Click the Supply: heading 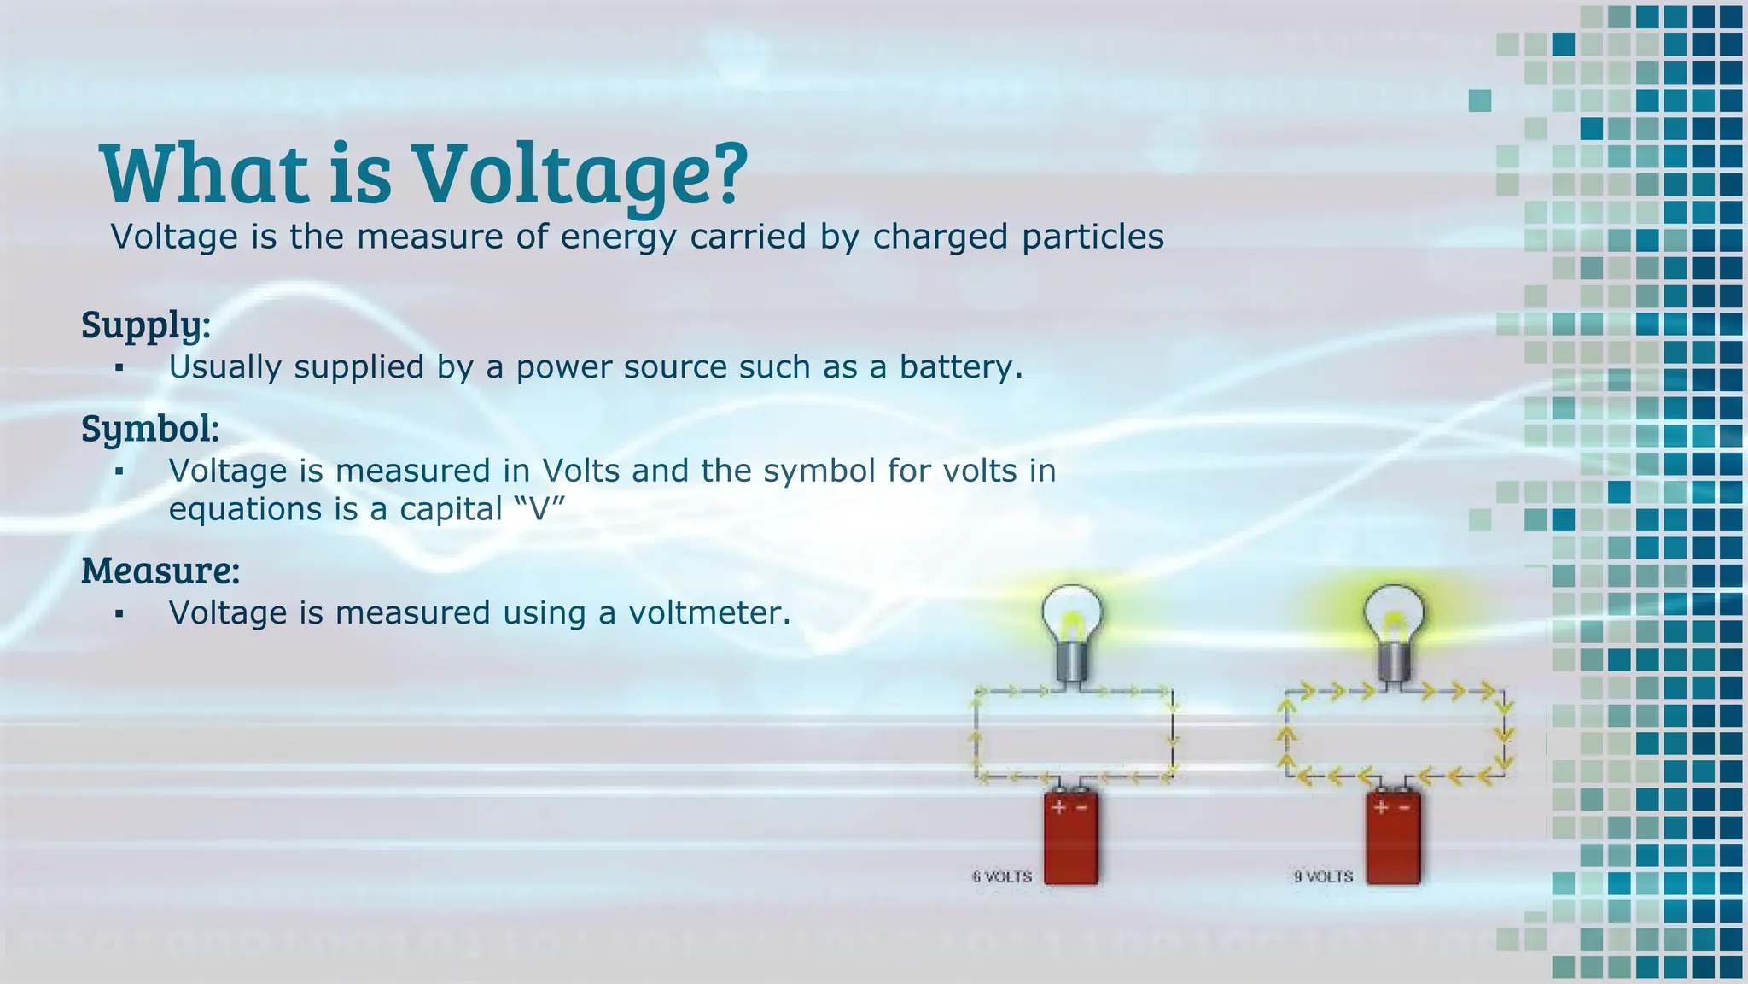pyautogui.click(x=145, y=325)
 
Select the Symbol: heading pyautogui.click(x=150, y=429)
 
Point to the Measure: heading pyautogui.click(x=160, y=571)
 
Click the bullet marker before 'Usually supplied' pyautogui.click(x=119, y=368)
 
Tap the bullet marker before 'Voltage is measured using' pyautogui.click(x=119, y=614)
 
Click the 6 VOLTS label pyautogui.click(x=1002, y=877)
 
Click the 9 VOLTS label pyautogui.click(x=1323, y=877)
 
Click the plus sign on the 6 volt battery pyautogui.click(x=1058, y=807)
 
